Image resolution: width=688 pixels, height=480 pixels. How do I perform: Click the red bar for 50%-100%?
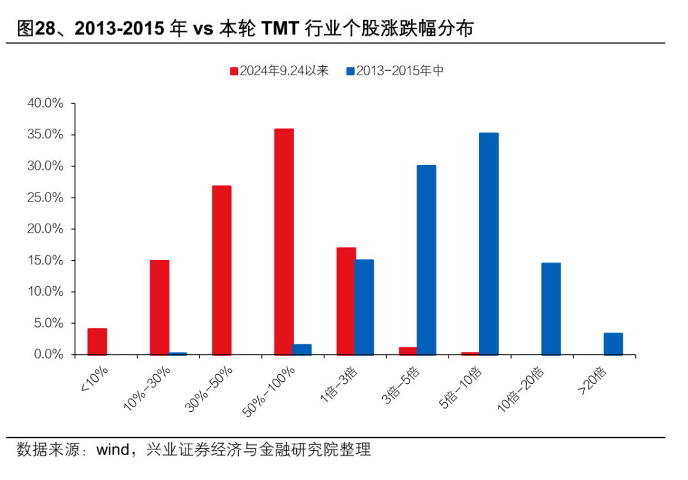coord(283,242)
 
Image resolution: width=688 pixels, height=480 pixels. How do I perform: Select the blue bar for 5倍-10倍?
coord(489,244)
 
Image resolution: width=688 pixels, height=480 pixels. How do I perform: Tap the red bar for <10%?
coord(97,341)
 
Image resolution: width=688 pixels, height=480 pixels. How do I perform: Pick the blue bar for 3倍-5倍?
coord(426,259)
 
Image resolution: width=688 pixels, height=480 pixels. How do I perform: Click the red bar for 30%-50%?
coord(222,270)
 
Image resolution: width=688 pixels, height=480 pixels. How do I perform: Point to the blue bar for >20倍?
coord(613,343)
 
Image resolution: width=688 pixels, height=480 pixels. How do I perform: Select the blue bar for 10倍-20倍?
coord(551,309)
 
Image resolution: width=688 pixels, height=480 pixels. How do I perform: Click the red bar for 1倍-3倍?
coord(346,301)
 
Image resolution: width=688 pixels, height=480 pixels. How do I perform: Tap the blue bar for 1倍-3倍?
coord(364,307)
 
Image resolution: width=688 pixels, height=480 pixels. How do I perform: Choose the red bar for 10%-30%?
coord(159,307)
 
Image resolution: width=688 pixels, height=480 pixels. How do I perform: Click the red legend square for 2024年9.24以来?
coord(234,71)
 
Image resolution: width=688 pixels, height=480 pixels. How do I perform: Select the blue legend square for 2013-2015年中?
coord(350,71)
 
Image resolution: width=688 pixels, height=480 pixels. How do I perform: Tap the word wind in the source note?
coord(112,450)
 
